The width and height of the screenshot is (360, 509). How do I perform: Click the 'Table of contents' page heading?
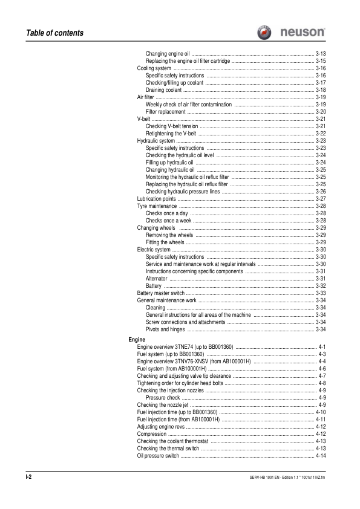click(x=46, y=33)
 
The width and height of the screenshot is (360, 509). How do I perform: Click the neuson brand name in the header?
click(x=304, y=32)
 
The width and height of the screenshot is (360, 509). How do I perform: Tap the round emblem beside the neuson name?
click(x=266, y=32)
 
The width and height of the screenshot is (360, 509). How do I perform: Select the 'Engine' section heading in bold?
click(x=137, y=340)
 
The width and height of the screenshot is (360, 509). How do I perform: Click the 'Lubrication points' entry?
click(x=157, y=198)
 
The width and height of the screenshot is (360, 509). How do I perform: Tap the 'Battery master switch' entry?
click(x=161, y=293)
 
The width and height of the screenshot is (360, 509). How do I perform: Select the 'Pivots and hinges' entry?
click(x=166, y=329)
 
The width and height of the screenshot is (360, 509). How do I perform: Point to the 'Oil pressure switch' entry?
click(x=159, y=456)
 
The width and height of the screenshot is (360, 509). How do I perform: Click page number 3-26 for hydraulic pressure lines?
click(x=321, y=191)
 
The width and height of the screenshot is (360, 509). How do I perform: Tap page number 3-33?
click(x=321, y=293)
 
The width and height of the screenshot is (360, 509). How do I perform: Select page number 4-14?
click(x=321, y=456)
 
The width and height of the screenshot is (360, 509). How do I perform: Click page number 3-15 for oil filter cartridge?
click(x=321, y=61)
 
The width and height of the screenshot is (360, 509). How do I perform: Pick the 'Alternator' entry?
click(x=157, y=278)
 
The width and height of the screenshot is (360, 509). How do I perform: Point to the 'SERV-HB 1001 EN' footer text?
click(x=254, y=478)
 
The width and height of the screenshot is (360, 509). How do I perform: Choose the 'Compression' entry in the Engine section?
click(x=152, y=434)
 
